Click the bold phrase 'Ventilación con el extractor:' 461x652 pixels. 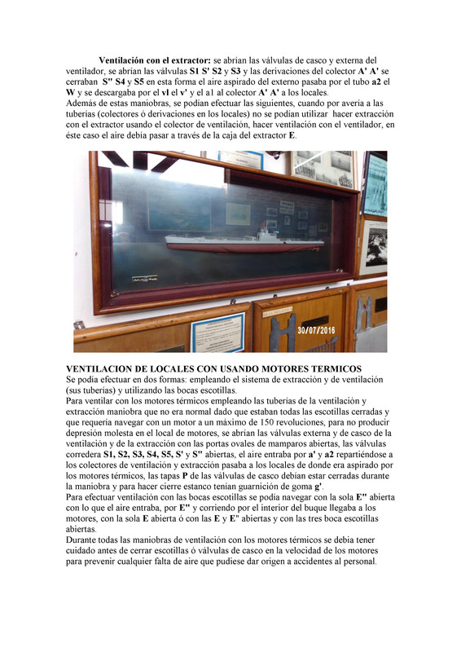pyautogui.click(x=155, y=60)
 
